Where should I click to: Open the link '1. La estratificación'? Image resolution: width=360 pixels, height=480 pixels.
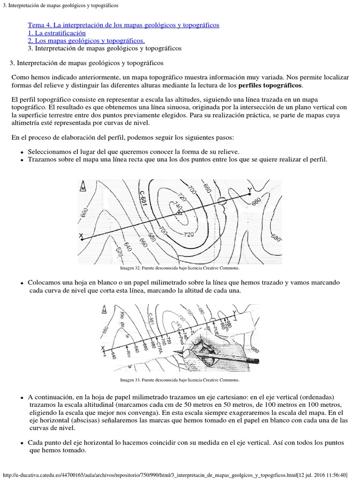coord(57,33)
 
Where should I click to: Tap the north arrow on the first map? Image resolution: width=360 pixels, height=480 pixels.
coord(83,186)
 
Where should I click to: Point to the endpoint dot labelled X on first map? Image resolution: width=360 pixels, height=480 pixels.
coord(82,239)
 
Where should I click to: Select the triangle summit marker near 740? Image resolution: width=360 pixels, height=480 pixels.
coord(178,213)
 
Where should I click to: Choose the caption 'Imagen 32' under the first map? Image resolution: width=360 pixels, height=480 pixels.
coord(180,269)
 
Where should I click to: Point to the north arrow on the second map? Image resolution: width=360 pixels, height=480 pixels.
coord(104,309)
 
